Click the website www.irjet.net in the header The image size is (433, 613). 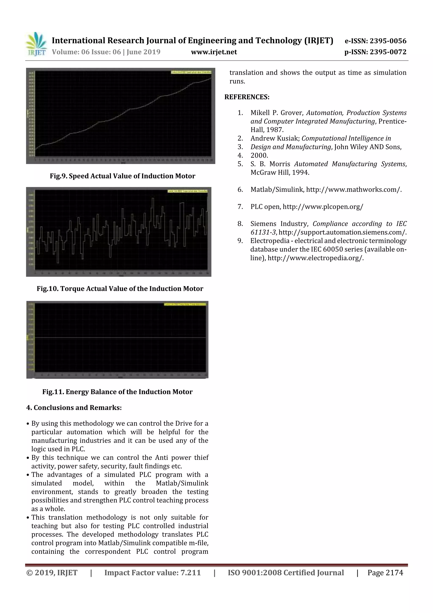coord(214,52)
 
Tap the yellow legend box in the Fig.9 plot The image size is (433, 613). coord(191,72)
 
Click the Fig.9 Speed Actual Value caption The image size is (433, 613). coord(122,176)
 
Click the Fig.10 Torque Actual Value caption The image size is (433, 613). coord(120,289)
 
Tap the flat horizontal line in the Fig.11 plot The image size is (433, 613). coord(120,338)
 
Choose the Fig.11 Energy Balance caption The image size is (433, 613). coord(117,392)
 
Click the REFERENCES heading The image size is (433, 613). coord(247,97)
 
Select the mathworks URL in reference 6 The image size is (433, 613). coord(354,190)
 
